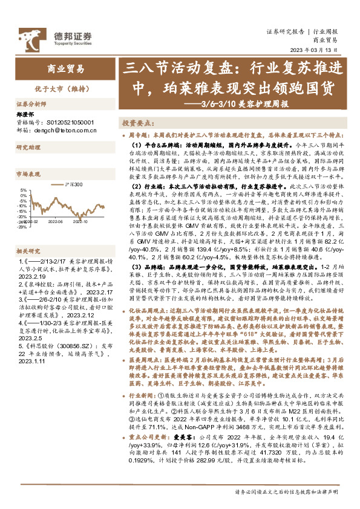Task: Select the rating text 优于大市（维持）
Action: (61, 89)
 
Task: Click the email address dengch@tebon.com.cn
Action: (65, 129)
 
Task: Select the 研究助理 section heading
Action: (28, 147)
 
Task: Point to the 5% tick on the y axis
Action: (22, 189)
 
